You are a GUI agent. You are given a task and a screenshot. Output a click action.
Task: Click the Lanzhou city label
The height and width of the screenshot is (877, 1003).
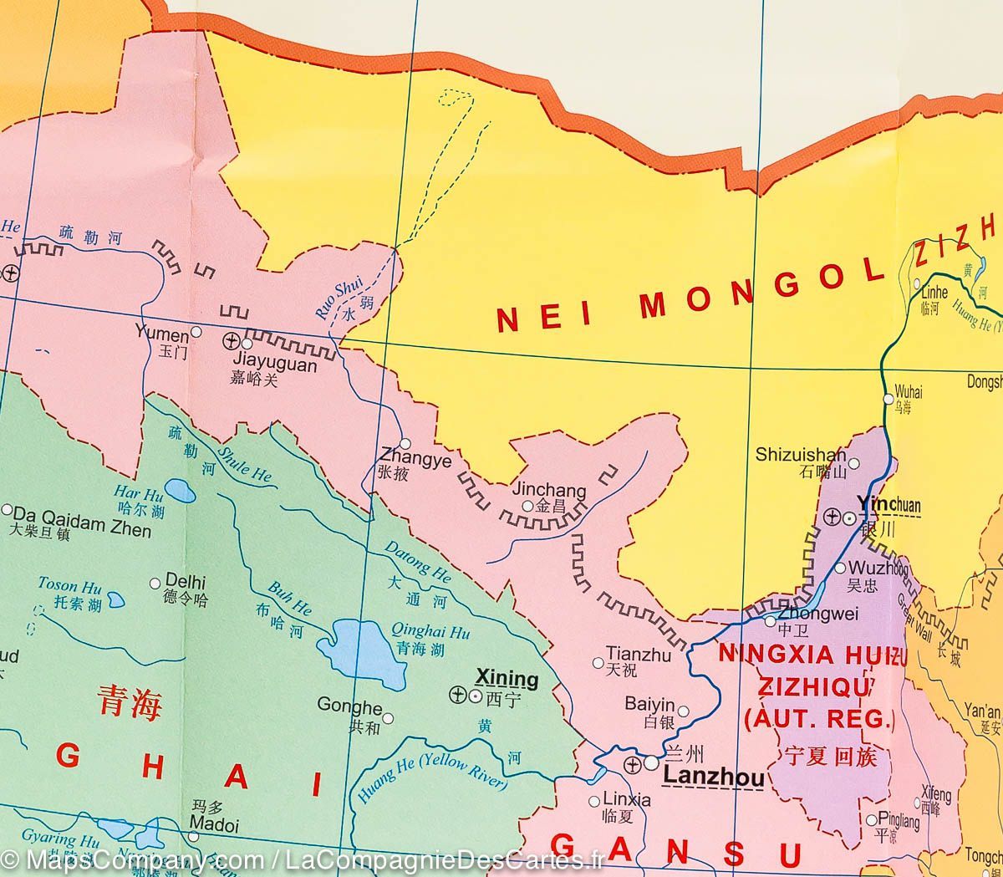pos(712,779)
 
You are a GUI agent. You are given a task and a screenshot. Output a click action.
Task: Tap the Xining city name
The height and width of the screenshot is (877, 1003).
pos(507,677)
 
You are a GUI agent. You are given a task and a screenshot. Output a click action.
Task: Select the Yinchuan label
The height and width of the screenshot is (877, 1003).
pos(888,505)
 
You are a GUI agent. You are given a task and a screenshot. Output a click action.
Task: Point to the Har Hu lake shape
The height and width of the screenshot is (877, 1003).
pos(177,489)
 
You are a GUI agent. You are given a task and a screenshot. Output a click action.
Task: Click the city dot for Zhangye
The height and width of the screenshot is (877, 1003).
pos(405,444)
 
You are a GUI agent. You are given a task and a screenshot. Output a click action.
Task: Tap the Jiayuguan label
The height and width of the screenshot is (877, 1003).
pos(273,365)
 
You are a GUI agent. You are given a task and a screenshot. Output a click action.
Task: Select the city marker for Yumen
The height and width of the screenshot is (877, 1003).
pos(196,332)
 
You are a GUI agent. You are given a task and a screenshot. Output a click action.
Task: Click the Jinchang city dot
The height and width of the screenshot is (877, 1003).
pos(527,506)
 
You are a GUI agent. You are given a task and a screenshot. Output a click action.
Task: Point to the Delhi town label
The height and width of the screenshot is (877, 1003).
pos(186,582)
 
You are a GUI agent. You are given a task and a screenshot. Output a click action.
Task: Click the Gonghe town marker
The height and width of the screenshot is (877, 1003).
pos(387,718)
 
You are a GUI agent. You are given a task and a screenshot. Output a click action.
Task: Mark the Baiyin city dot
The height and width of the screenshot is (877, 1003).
pos(683,711)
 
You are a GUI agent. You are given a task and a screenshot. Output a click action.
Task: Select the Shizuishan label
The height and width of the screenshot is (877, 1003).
pos(801,455)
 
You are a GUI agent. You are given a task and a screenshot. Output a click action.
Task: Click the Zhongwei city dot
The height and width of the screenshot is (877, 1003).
pos(771,621)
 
